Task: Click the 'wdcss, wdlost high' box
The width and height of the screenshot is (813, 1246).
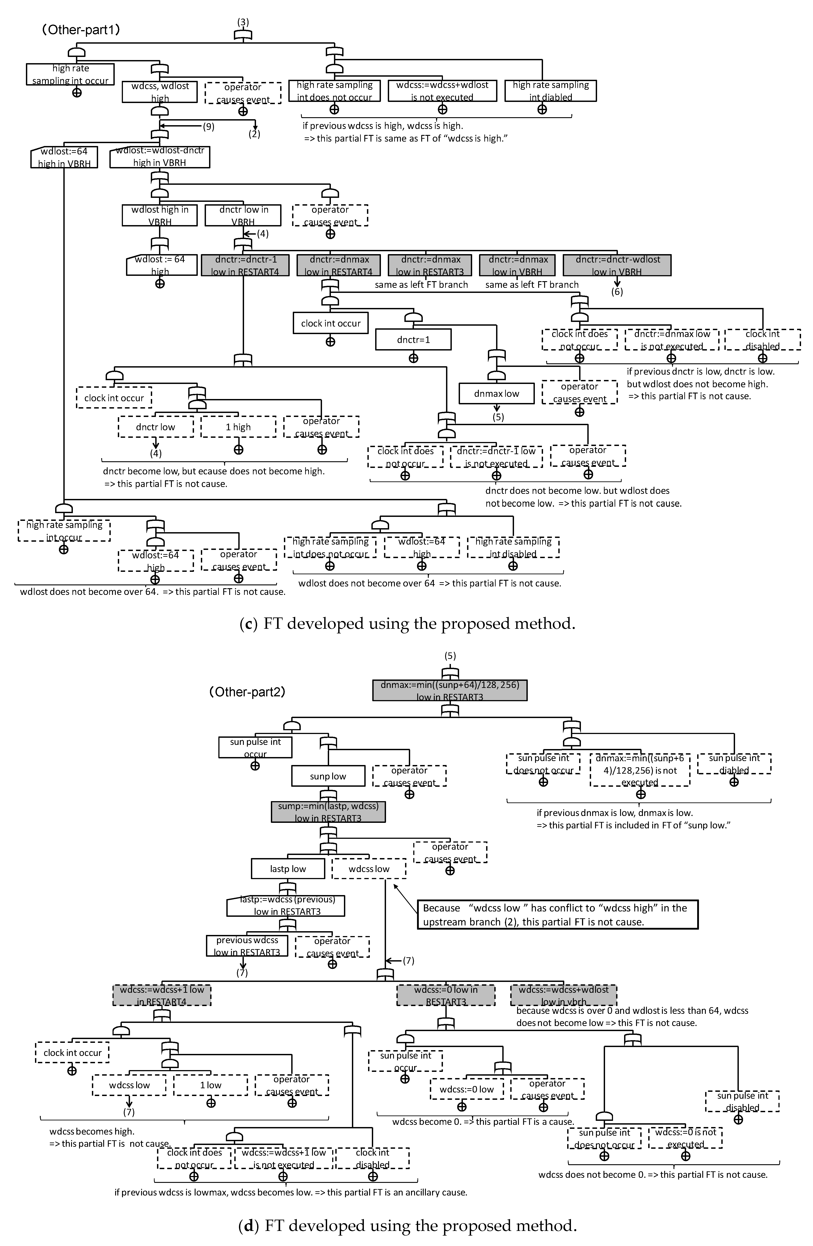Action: click(159, 92)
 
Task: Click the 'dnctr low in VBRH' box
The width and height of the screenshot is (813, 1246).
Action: click(243, 215)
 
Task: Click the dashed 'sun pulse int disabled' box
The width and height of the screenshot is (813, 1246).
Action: click(742, 1102)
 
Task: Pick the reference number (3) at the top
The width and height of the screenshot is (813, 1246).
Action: click(243, 22)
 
